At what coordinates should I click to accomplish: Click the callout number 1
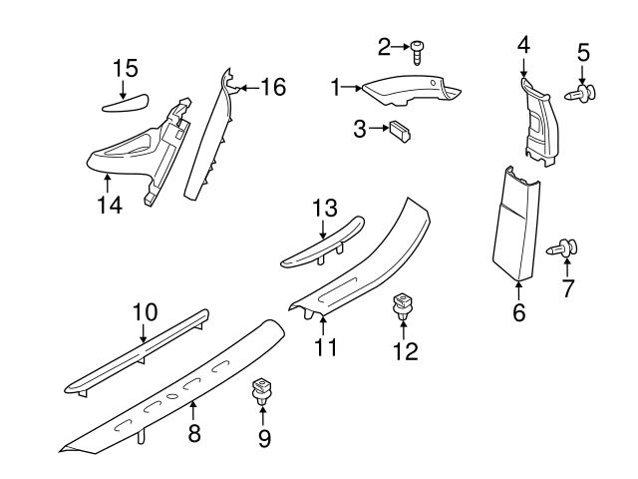[x=336, y=88]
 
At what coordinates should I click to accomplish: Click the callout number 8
[x=194, y=432]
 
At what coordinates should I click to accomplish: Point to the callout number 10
[x=145, y=312]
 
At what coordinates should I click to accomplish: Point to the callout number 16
[x=272, y=87]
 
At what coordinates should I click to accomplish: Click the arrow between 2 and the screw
[x=401, y=47]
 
